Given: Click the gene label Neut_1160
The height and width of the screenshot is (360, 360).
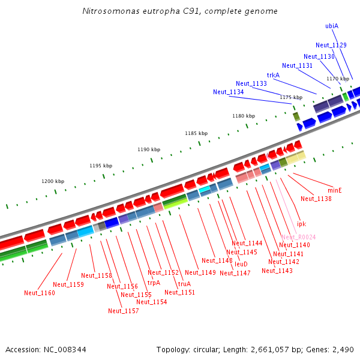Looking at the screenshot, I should click(x=40, y=293).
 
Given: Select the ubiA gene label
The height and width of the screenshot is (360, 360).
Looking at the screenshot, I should click(x=332, y=26).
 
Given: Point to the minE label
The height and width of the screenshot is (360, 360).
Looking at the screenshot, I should click(x=335, y=190).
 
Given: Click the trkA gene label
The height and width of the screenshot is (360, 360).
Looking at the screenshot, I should click(x=273, y=75).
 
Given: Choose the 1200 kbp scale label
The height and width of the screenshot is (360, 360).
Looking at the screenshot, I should click(x=53, y=181).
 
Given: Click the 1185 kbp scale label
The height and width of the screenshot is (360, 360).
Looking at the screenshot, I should click(x=196, y=133).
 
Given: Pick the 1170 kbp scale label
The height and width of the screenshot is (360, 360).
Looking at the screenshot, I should click(x=338, y=79).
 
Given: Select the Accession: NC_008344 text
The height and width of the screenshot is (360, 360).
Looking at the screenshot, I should click(x=46, y=349).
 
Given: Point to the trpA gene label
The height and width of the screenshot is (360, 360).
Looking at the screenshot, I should click(x=154, y=283).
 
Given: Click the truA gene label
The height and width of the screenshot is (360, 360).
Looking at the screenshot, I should click(x=184, y=284).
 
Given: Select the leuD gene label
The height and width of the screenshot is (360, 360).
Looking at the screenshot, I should click(x=241, y=264).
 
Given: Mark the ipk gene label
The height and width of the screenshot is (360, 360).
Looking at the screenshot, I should click(x=301, y=224).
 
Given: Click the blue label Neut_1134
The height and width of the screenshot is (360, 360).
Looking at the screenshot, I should click(x=229, y=92).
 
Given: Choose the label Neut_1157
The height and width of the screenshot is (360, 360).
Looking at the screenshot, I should click(x=124, y=311).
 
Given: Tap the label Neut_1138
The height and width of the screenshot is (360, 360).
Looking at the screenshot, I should click(x=316, y=199).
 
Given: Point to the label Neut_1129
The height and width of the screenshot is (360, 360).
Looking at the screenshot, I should click(x=331, y=45).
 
